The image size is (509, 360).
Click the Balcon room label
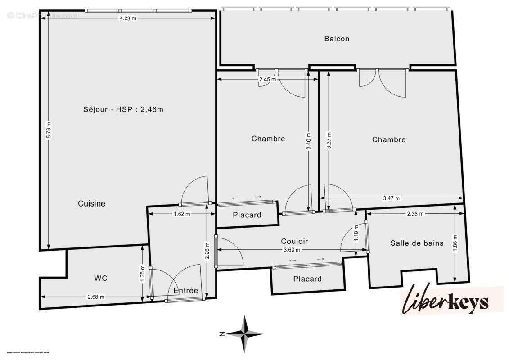point(337,39)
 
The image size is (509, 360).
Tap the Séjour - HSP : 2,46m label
point(123,109)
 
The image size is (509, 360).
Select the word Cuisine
point(91,203)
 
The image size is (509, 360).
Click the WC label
point(101,278)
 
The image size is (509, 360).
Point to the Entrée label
point(186,291)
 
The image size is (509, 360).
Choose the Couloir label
point(294,241)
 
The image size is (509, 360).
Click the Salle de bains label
point(417,243)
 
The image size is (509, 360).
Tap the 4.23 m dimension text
point(127,18)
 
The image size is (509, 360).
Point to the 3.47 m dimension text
point(392,198)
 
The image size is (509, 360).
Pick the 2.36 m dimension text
point(414,214)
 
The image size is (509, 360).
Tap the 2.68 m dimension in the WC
point(95,297)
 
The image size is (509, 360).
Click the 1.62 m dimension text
point(182,214)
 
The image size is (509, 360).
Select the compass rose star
point(245,334)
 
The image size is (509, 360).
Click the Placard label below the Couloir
point(307,279)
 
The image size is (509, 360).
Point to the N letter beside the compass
point(222,334)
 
